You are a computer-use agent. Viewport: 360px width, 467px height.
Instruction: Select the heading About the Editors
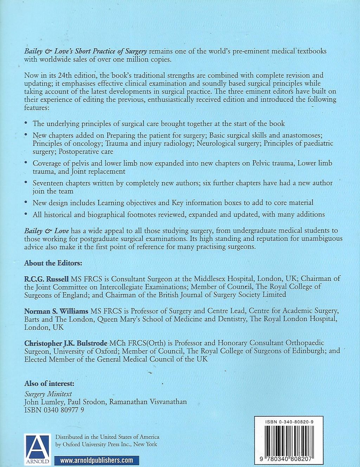click(53, 263)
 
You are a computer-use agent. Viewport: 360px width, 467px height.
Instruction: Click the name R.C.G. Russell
click(46, 279)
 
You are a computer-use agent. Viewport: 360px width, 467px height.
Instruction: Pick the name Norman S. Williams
click(56, 311)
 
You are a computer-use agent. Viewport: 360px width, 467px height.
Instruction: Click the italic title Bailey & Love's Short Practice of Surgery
click(85, 51)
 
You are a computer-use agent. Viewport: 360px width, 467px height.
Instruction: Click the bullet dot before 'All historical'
click(26, 214)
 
